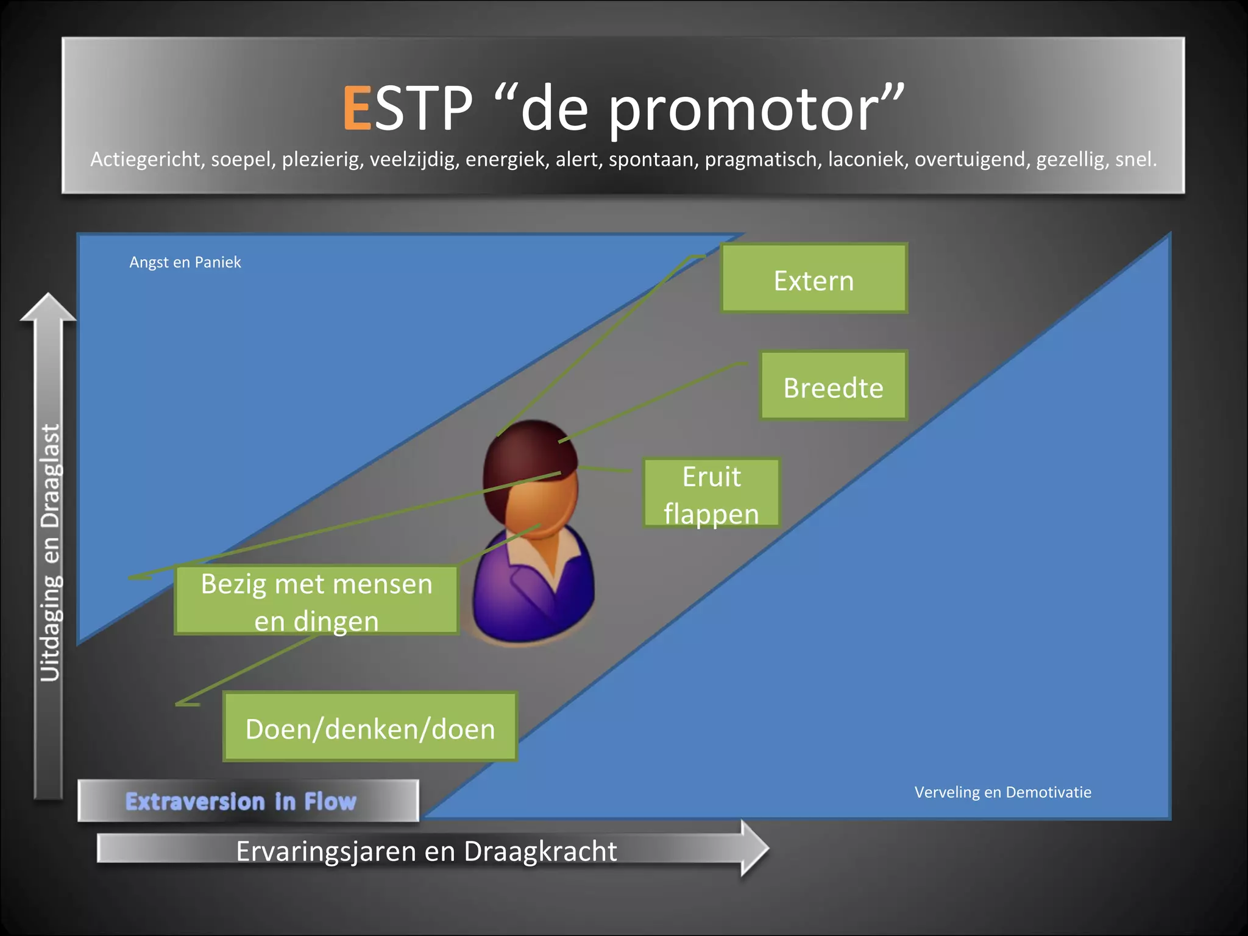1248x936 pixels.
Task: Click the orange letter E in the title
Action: (357, 108)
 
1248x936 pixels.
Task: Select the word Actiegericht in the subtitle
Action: (146, 160)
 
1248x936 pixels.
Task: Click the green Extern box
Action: (814, 279)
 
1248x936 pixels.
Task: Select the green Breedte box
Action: (833, 386)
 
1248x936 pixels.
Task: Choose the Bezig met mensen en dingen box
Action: (316, 601)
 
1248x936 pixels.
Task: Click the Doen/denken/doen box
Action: (370, 727)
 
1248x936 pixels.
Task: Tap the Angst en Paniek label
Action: (185, 263)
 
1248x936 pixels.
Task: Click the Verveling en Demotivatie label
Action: (1002, 792)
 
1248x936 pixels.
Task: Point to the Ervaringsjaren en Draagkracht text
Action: (426, 851)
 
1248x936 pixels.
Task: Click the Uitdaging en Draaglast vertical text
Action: (50, 551)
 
